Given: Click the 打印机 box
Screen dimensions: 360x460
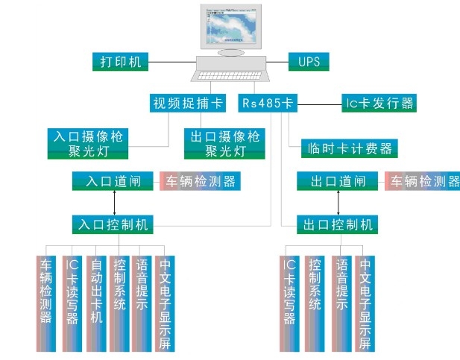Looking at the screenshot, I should tap(121, 61).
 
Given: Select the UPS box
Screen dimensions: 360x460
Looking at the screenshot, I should tap(309, 61).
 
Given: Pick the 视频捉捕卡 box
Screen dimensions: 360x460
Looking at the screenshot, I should tap(187, 103).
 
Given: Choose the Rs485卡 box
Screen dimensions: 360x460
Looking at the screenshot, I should tap(266, 103).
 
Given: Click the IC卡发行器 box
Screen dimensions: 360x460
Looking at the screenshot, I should tap(378, 103).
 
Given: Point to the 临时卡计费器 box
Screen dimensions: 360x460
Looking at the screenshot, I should tap(350, 148).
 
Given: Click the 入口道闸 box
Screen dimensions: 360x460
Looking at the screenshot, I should tap(113, 181).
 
